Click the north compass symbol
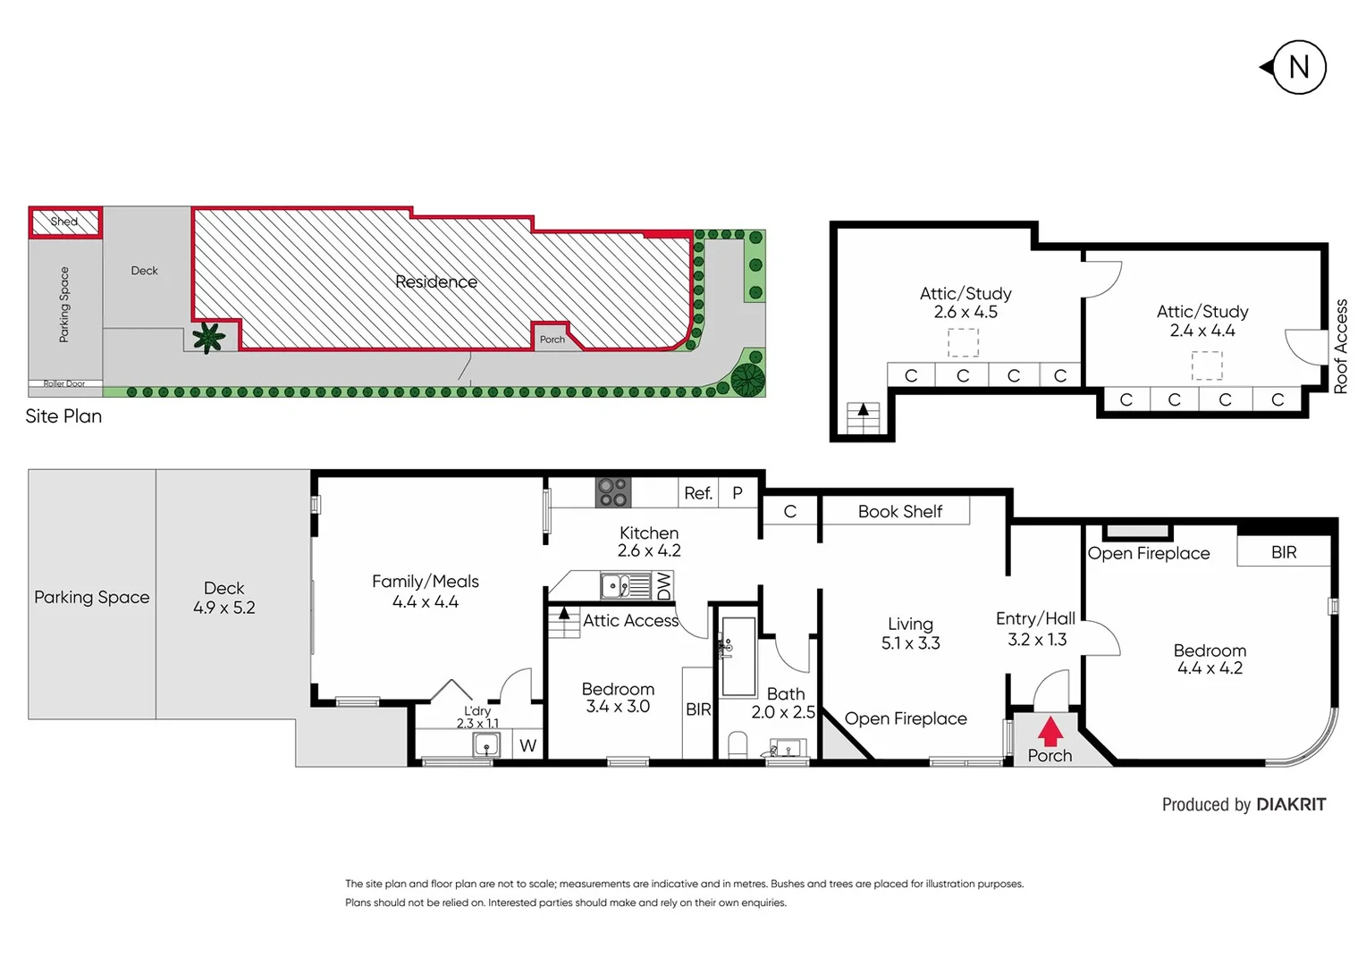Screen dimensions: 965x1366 click(x=1297, y=67)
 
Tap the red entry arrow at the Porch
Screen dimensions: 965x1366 click(x=1050, y=731)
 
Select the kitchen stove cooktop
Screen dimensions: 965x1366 click(x=613, y=492)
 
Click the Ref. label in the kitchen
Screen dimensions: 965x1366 click(x=697, y=493)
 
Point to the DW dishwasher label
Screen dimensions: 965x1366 click(x=663, y=585)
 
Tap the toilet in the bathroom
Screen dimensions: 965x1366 click(x=738, y=745)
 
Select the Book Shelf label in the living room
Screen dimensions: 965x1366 click(x=899, y=511)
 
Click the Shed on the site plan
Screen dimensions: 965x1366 click(x=64, y=222)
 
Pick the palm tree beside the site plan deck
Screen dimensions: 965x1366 click(x=208, y=338)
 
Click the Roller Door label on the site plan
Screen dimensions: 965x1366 click(x=64, y=383)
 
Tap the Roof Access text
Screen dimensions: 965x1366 click(x=1340, y=347)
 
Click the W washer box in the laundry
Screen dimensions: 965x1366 click(x=528, y=745)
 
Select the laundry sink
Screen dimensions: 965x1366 click(x=486, y=744)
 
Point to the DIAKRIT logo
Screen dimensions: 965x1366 click(x=1290, y=804)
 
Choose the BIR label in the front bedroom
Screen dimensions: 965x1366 click(x=1284, y=552)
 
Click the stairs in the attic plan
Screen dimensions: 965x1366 click(x=863, y=417)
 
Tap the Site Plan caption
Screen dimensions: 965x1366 click(x=63, y=416)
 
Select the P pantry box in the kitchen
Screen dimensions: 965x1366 click(x=738, y=493)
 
